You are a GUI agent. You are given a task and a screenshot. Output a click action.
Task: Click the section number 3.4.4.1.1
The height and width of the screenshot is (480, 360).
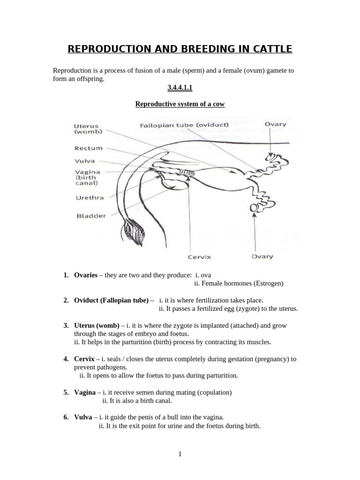coord(180,87)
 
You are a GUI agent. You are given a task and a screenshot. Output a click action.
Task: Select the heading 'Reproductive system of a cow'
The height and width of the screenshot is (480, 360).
coord(180,104)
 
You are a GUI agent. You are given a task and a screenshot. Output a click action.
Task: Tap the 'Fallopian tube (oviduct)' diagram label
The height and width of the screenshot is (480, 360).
coord(184,125)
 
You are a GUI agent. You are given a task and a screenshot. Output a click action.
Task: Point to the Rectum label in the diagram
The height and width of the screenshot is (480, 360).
coord(89,148)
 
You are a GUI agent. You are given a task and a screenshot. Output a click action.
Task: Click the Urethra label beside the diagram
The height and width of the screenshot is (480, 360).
coord(90,198)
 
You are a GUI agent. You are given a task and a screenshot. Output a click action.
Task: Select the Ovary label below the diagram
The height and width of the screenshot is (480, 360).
coord(262,256)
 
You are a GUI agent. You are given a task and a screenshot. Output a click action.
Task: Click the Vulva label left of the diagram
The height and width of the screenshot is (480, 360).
coord(85,161)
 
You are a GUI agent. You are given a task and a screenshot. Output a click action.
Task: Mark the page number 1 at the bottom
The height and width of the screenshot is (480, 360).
coord(180,454)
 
